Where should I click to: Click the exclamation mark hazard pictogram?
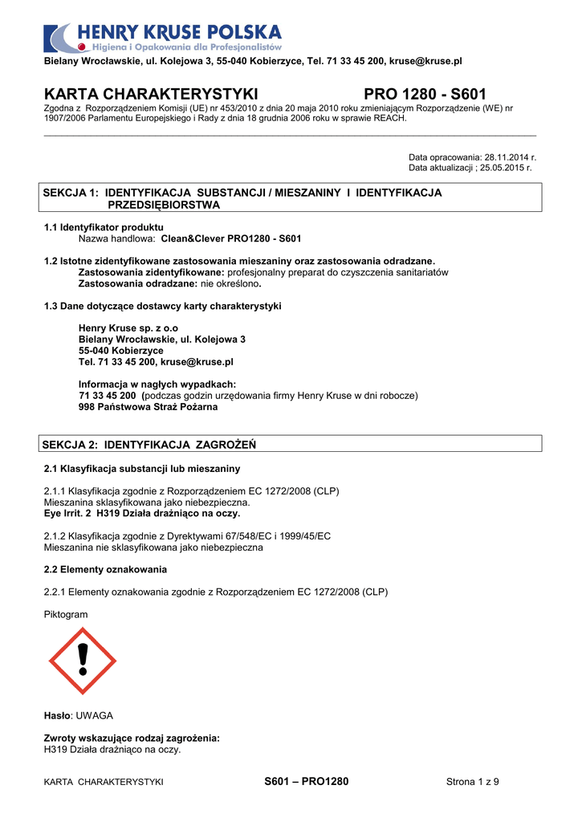(83, 661)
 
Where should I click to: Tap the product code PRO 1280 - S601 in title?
(425, 95)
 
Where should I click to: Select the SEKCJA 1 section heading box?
(291, 198)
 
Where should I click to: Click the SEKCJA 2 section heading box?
(291, 444)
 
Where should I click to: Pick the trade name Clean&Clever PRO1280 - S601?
(231, 238)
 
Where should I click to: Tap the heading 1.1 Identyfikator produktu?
(104, 227)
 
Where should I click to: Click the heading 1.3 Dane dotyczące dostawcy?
(162, 306)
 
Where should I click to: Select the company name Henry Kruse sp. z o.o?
(128, 328)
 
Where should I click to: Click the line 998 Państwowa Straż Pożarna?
(148, 407)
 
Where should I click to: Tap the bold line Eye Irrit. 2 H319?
(141, 513)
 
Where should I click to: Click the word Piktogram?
(66, 614)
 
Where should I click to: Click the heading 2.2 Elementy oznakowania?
(105, 569)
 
